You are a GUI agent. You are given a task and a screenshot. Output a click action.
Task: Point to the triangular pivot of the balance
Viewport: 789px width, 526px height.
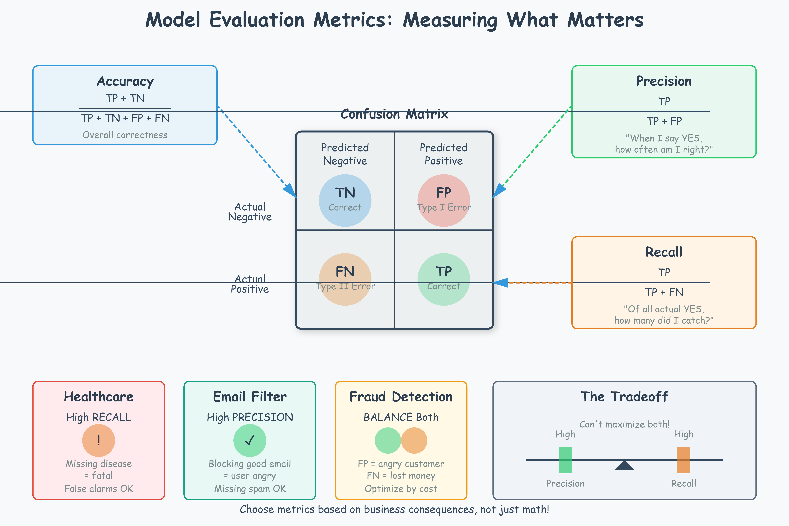coord(624,466)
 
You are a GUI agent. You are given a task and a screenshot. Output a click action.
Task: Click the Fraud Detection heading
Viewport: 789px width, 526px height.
coord(401,397)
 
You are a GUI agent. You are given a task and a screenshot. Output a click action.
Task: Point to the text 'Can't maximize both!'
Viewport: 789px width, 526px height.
coord(624,424)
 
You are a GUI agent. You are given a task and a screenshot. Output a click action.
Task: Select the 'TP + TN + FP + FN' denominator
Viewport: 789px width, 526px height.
coord(125,118)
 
